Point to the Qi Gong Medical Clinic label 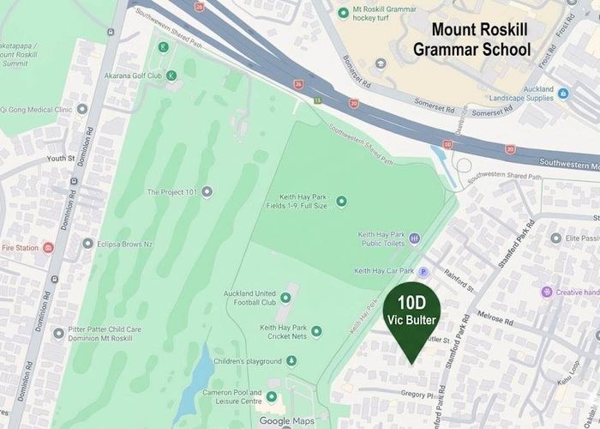[x=35, y=109]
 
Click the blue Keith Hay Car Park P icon [x=422, y=272]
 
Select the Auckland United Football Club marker [x=285, y=298]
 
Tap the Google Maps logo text [x=287, y=420]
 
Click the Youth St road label [x=61, y=159]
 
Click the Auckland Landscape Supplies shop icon [x=562, y=94]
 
